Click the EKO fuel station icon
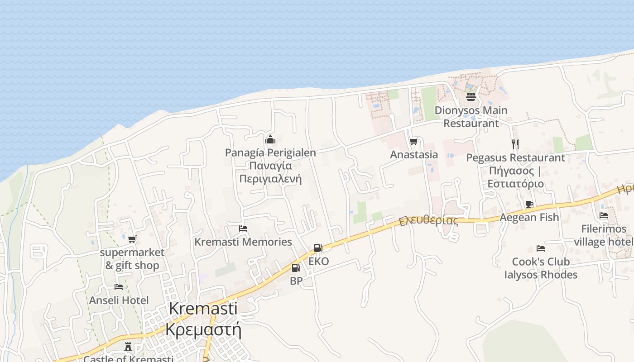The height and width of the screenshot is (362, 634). tap(318, 248)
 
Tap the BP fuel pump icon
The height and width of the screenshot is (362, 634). tap(296, 268)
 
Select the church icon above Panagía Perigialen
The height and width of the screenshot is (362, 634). tap(270, 139)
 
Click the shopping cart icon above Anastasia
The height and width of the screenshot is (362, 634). tap(413, 142)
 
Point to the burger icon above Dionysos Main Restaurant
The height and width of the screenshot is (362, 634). tap(471, 96)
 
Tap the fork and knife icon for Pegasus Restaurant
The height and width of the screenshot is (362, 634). tap(515, 144)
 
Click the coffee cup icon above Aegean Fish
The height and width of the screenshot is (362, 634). tap(529, 204)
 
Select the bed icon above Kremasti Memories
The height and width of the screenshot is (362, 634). tap(243, 229)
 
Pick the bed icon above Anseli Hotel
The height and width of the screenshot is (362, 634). tap(119, 287)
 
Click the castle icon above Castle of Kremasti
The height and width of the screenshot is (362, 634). tap(129, 347)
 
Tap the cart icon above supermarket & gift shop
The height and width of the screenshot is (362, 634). tap(132, 239)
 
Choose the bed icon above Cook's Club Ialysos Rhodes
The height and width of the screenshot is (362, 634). tap(540, 248)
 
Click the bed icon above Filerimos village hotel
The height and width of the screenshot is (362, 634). tap(603, 215)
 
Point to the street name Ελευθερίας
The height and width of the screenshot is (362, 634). tap(428, 221)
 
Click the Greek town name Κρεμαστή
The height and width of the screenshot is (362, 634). tap(203, 329)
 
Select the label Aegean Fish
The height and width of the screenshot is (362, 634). tap(529, 217)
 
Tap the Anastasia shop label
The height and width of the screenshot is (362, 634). tap(414, 155)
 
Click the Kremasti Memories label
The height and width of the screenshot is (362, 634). tap(243, 242)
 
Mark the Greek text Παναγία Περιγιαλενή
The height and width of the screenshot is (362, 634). tap(270, 172)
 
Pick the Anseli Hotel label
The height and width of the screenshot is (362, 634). tap(119, 300)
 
